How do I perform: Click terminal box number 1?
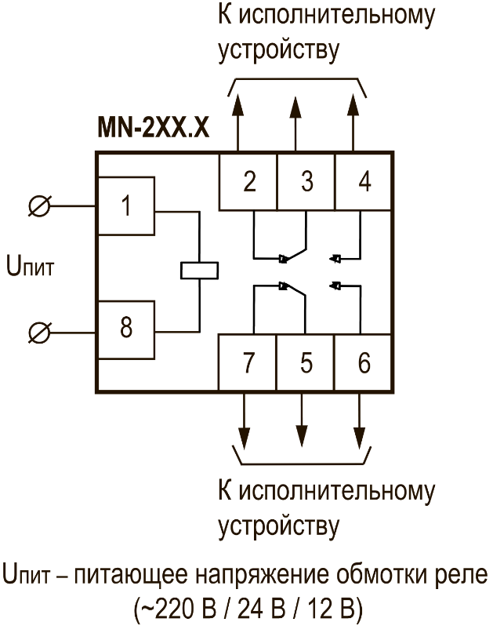click(x=125, y=208)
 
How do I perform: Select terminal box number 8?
click(x=125, y=329)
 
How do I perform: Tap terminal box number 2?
click(x=248, y=181)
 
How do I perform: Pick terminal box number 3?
click(x=306, y=181)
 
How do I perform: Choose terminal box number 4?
click(x=364, y=181)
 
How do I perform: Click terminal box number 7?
click(x=248, y=363)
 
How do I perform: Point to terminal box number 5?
click(x=306, y=363)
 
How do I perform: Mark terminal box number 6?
click(x=364, y=363)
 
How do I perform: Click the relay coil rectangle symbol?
click(x=199, y=269)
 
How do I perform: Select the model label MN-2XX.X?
click(x=153, y=129)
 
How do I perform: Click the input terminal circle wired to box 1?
click(x=38, y=207)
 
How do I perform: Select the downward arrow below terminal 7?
click(x=245, y=435)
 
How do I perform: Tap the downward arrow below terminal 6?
click(x=360, y=435)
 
